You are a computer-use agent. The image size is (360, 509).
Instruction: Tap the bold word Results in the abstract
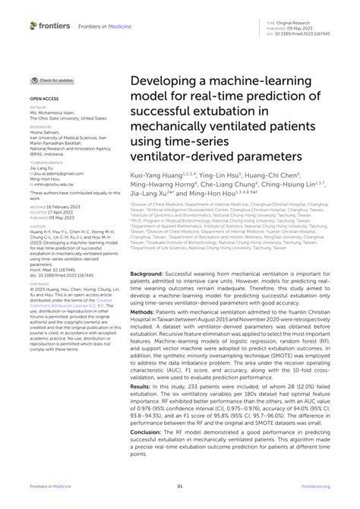coord(141,386)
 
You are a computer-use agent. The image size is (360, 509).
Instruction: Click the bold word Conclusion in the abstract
coord(147,433)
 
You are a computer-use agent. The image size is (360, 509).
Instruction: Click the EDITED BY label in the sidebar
coord(39,109)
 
